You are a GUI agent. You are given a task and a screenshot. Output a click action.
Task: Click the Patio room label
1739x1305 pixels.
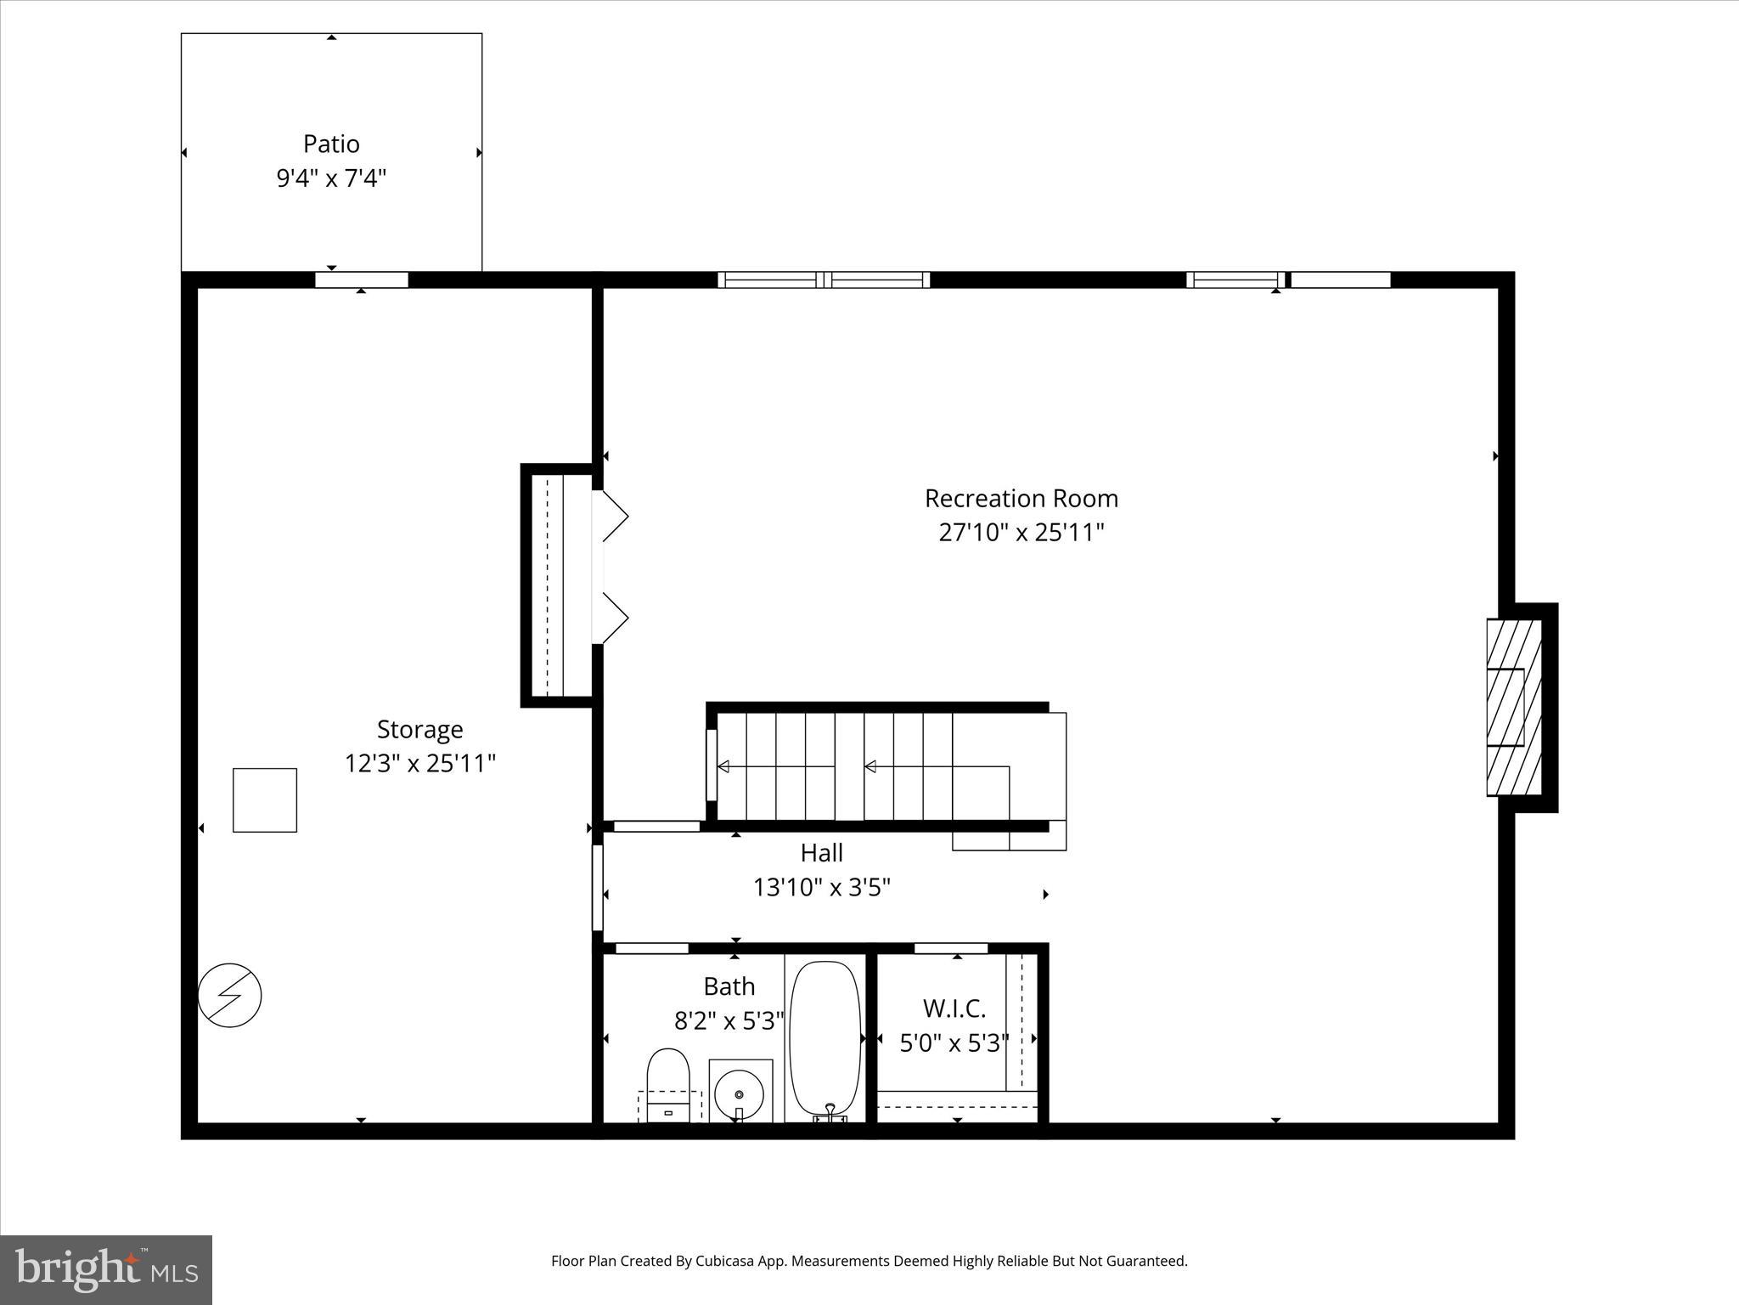pos(331,144)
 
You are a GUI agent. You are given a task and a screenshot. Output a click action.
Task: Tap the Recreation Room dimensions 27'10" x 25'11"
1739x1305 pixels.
pos(1021,533)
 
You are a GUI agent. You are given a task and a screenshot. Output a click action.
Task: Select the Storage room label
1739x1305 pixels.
pos(419,729)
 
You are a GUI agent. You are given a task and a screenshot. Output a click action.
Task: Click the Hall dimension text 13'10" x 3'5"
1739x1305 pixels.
pos(821,888)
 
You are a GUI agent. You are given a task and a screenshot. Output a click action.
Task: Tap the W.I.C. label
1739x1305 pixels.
pos(954,1008)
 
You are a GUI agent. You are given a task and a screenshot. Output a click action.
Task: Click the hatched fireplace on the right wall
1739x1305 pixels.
pos(1513,707)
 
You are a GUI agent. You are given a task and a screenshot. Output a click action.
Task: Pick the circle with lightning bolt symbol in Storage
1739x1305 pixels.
pos(229,995)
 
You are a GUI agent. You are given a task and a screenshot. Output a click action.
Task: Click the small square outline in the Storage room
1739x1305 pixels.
pos(265,799)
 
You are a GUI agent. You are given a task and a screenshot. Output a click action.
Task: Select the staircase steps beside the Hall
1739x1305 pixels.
pos(849,766)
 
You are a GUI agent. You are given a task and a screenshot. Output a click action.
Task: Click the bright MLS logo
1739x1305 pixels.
pos(106,1269)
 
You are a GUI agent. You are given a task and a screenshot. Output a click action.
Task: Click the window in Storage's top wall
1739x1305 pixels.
pos(362,280)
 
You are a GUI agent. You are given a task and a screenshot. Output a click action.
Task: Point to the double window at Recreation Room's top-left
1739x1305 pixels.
pos(824,280)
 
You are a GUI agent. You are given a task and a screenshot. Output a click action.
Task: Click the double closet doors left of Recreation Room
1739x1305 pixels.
pos(613,568)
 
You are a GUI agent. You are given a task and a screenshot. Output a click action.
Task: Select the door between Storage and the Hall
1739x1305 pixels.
pos(598,888)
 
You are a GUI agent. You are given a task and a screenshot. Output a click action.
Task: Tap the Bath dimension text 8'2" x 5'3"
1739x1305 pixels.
pos(729,1020)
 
